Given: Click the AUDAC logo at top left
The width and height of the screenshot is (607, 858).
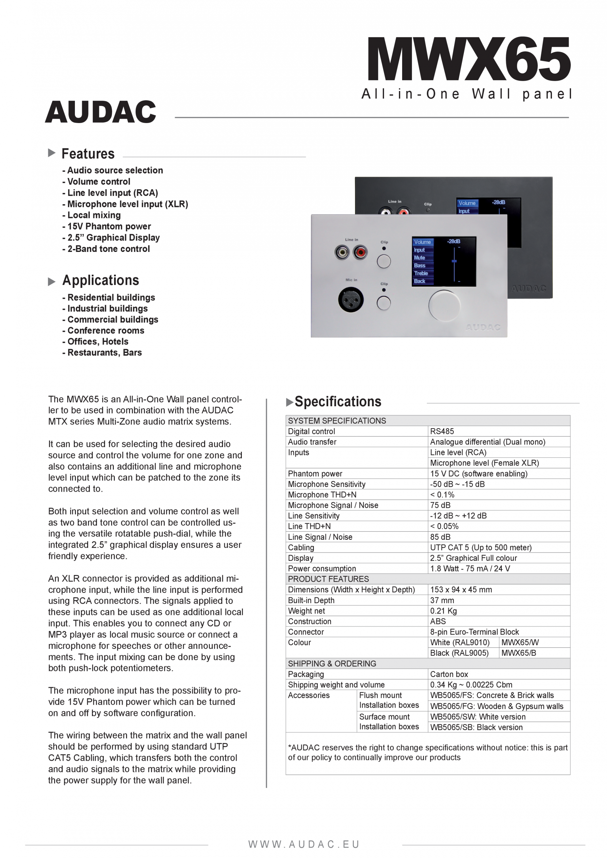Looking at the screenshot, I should [x=101, y=112].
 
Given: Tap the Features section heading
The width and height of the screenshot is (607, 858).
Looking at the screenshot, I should [x=88, y=154].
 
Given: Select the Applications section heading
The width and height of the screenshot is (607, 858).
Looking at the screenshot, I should [x=101, y=280].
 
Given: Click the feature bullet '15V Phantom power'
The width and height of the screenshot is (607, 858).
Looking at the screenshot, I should [x=109, y=227].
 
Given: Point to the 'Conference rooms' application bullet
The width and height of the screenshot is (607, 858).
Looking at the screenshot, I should [x=106, y=331].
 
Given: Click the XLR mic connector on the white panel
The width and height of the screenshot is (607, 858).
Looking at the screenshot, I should [x=351, y=299].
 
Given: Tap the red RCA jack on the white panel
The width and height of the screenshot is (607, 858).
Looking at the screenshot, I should [x=360, y=253].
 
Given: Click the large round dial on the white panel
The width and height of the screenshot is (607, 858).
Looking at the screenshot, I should [x=444, y=305].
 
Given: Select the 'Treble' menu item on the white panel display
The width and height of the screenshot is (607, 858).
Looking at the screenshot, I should [x=421, y=273].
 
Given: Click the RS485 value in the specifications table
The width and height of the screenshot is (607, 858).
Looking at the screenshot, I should [x=442, y=431].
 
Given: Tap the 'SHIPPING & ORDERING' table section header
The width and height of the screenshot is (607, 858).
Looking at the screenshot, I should [x=332, y=664].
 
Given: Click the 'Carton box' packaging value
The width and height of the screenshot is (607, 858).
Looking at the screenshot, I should [x=449, y=674].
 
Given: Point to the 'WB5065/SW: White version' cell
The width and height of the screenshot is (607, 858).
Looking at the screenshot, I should [x=478, y=717].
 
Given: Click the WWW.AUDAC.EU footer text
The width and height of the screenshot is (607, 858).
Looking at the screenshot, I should [x=303, y=844].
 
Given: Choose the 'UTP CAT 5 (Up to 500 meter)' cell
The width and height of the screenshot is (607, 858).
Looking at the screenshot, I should [x=481, y=547].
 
